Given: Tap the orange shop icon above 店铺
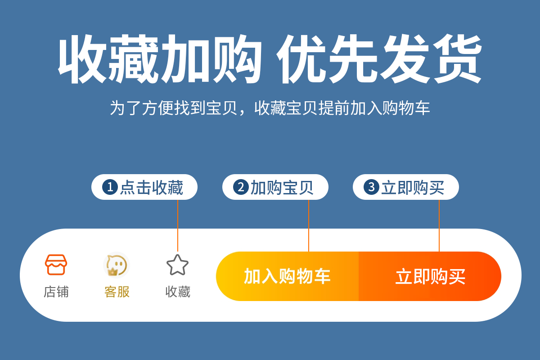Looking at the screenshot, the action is coord(56,265).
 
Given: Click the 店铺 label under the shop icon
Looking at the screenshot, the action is coord(56,292).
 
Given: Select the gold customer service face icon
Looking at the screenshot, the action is coord(117,265).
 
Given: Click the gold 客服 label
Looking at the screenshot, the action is coord(117,292).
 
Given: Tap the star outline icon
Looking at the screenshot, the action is coord(177,265).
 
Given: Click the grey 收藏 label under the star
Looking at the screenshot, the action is coord(178,292).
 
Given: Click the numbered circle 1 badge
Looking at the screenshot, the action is coord(110,187).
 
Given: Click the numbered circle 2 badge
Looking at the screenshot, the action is coord(241,187).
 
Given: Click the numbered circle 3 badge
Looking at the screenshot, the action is coord(372,187).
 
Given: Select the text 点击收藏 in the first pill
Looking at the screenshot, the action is coord(152,187).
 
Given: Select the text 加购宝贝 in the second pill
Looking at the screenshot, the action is coord(282,187).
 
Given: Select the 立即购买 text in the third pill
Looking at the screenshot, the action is coord(413,187).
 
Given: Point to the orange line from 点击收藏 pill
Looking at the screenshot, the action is coord(178,226).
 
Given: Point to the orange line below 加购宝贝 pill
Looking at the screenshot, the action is coord(309,226).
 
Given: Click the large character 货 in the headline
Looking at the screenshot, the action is coord(457,58).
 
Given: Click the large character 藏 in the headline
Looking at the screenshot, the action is coord(133,59).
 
